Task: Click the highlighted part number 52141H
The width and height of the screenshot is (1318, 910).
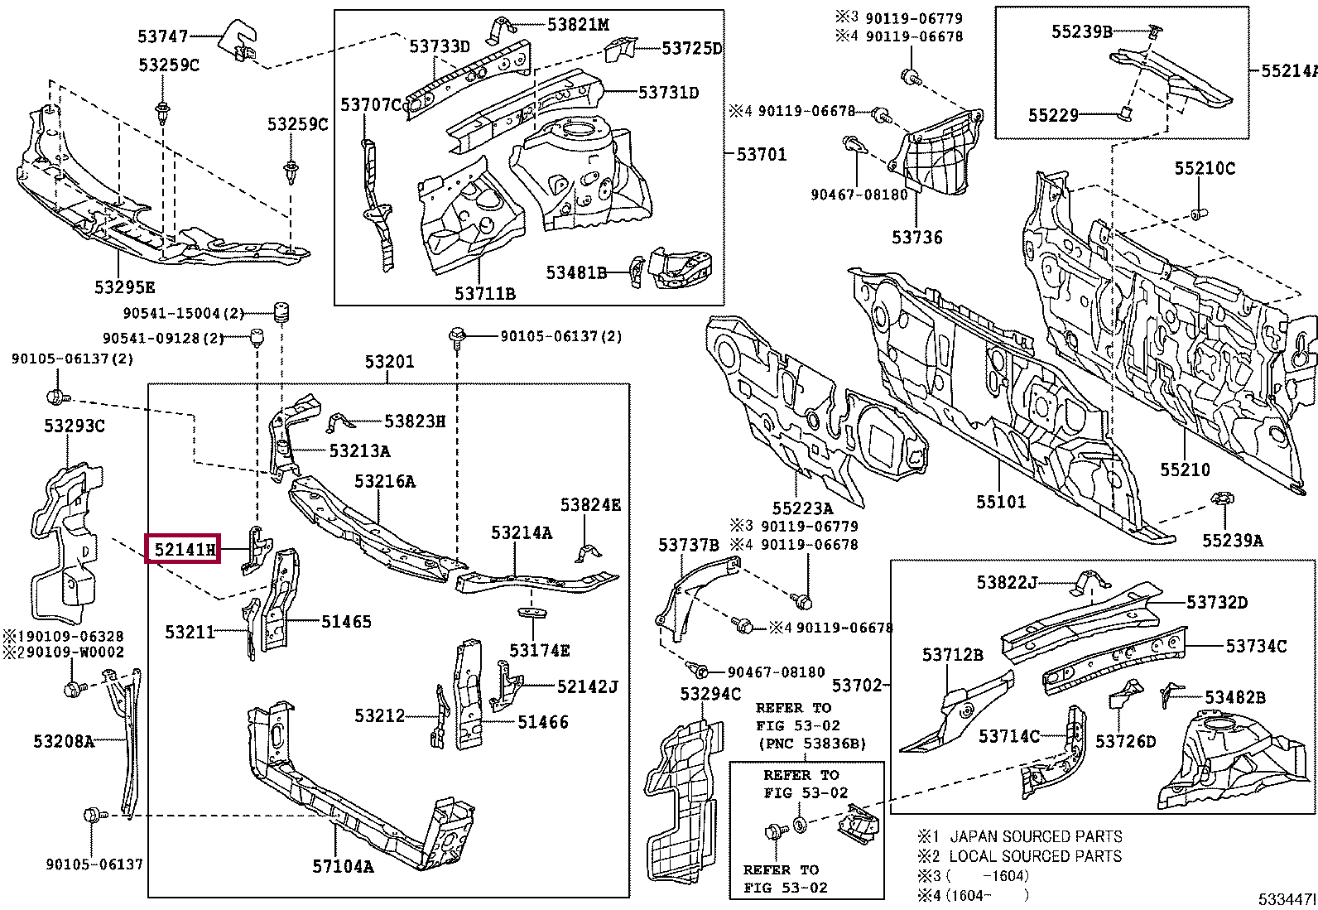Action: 183,548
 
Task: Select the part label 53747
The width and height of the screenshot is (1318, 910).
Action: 163,36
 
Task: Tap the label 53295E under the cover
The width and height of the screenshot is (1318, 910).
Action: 124,287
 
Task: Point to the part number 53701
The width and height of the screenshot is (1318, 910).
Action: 762,154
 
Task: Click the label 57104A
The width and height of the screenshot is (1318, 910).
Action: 343,867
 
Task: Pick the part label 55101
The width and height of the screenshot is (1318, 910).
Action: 1000,502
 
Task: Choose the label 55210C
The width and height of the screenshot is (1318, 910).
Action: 1205,168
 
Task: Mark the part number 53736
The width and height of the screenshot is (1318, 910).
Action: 917,238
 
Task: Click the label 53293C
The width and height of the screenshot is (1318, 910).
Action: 75,426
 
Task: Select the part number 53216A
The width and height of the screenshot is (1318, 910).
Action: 385,481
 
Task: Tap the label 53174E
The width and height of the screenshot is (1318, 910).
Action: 540,651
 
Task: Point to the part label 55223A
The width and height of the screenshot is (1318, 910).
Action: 802,508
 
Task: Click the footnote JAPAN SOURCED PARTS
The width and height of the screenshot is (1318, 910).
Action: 1035,836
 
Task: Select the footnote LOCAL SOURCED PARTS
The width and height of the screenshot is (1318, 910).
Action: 1035,856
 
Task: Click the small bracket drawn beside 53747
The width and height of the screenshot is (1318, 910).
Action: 238,40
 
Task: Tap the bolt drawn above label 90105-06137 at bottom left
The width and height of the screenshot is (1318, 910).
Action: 92,816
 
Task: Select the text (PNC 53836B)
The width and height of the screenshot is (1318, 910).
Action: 811,744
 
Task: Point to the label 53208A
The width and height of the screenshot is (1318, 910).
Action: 64,741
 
